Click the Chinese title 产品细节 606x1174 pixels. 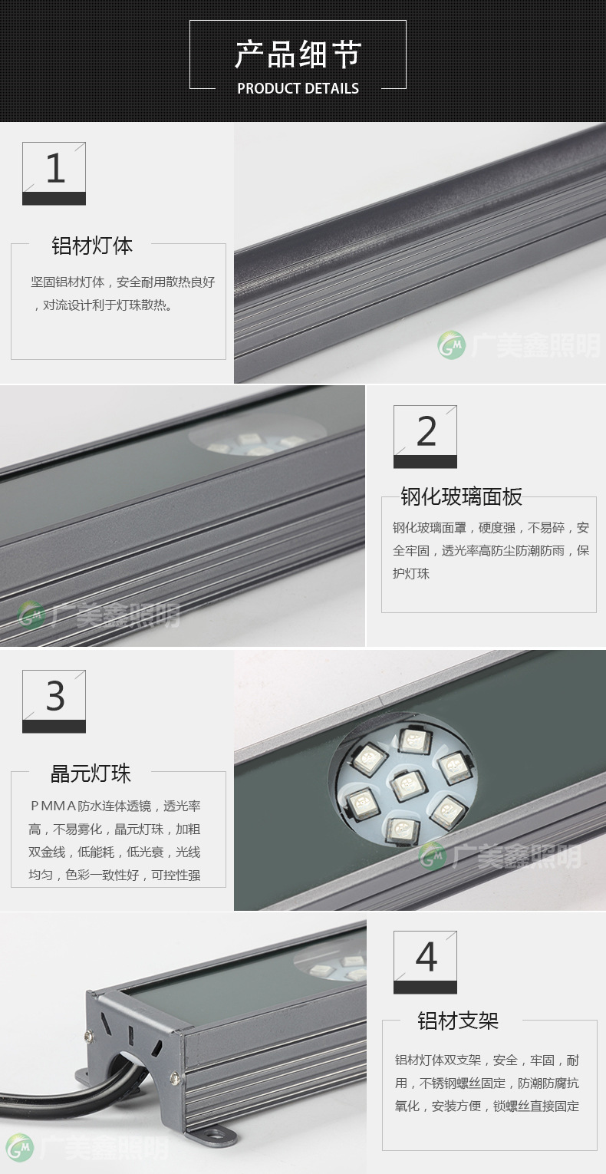[298, 54]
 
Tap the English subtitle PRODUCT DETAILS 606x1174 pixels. [298, 88]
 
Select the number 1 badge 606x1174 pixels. [54, 173]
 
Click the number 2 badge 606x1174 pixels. [425, 437]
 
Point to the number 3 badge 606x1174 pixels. [54, 701]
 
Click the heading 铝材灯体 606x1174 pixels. [92, 246]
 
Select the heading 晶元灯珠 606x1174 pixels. [91, 773]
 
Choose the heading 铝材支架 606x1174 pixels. [458, 1021]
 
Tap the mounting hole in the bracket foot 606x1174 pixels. [213, 1135]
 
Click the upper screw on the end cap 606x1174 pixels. [89, 1035]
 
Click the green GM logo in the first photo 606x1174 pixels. [452, 345]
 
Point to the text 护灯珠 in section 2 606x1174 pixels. [411, 573]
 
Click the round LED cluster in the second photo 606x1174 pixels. [257, 441]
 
